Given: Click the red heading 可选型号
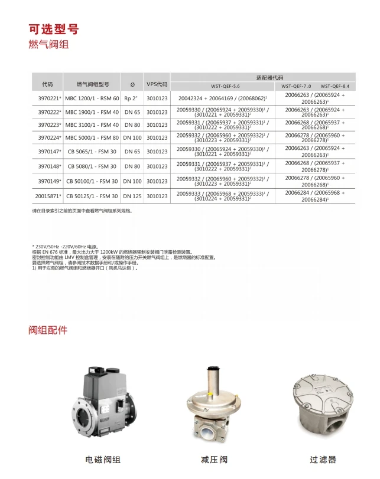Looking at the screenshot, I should click(x=53, y=29).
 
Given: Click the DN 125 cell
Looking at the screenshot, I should click(x=132, y=196).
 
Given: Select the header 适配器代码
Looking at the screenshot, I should click(x=269, y=78).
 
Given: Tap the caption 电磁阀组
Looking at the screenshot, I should click(x=103, y=459).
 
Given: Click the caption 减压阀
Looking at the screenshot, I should click(x=214, y=459).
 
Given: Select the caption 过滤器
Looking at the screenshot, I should click(x=323, y=459).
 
